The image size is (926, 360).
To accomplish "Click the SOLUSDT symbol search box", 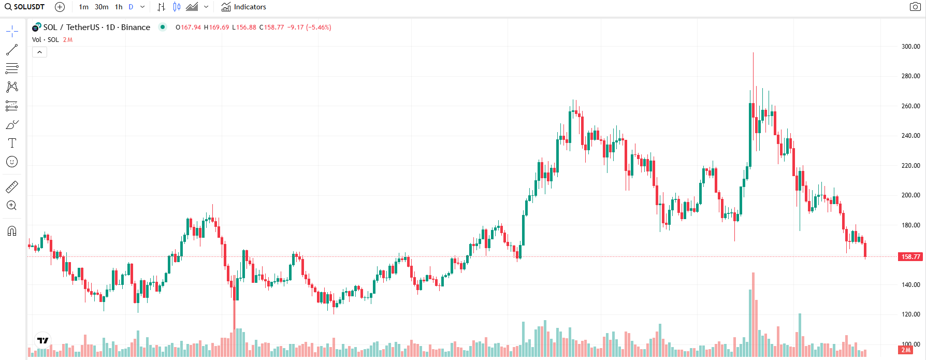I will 25,7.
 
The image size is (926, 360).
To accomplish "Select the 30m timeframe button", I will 102,7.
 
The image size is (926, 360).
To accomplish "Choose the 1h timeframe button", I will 119,7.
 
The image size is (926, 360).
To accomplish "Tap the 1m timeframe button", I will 83,7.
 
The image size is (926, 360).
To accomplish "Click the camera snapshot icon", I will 915,7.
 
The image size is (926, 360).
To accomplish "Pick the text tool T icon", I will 12,143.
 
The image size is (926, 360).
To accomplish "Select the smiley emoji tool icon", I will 12,162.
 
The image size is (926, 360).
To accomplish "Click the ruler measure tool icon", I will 12,186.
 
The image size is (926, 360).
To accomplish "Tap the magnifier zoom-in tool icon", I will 12,206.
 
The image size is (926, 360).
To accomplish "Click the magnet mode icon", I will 12,231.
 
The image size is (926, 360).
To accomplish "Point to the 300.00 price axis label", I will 910,47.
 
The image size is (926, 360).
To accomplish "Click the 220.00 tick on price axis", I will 910,166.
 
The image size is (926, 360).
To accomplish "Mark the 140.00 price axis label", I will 910,285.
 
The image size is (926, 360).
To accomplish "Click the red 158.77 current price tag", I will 910,257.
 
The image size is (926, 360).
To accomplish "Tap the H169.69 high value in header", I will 216,27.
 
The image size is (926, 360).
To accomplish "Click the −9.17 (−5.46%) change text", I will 309,27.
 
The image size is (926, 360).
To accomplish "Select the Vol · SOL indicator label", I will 46,40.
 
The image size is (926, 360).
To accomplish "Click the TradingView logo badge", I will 42,340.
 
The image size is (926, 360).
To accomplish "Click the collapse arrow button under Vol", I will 39,52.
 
